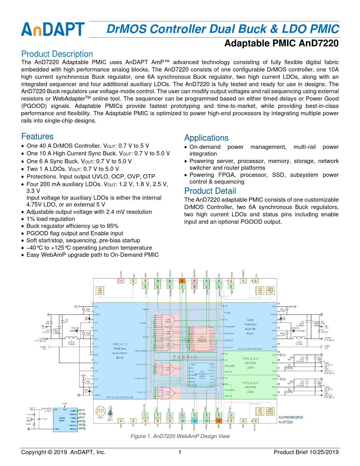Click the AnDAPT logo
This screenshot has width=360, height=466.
[x=53, y=29]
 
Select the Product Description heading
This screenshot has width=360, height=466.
[x=57, y=54]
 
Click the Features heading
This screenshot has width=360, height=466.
[x=37, y=136]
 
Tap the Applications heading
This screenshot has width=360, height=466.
[x=206, y=138]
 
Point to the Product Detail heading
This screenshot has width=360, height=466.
[x=210, y=191]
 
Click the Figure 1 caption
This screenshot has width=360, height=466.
[x=180, y=436]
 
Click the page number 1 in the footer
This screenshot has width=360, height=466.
[x=180, y=452]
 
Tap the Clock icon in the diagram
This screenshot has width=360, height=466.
[x=101, y=411]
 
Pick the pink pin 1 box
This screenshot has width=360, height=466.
[x=121, y=281]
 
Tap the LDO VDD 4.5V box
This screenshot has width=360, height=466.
[x=100, y=290]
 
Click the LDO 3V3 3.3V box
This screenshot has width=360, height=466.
[x=260, y=411]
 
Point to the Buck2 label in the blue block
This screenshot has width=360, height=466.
[x=120, y=358]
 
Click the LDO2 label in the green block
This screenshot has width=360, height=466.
[x=250, y=392]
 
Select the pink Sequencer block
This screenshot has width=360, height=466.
[x=202, y=339]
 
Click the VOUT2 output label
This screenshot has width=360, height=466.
[x=42, y=339]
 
